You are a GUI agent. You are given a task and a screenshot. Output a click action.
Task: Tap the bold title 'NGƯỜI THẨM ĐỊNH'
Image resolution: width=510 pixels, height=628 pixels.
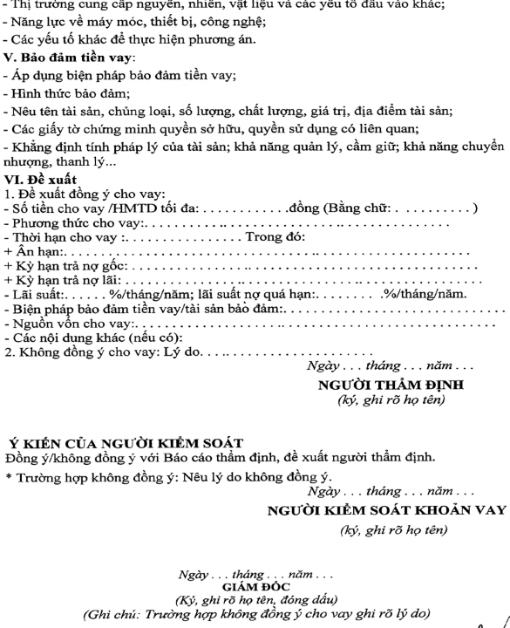coord(391,385)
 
